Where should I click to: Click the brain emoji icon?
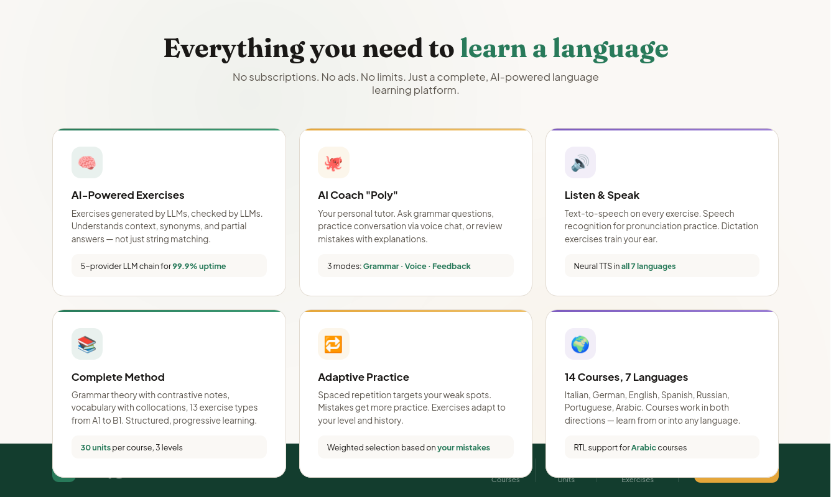(x=87, y=163)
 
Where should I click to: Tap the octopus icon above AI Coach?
(x=333, y=163)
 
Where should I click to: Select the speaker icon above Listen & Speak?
(x=580, y=163)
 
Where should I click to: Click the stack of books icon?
(x=87, y=344)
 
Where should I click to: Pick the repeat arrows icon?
(x=333, y=344)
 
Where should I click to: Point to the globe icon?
(x=580, y=344)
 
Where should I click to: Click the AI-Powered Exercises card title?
(x=128, y=195)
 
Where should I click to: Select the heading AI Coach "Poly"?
(x=358, y=195)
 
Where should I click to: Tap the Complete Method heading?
(x=118, y=377)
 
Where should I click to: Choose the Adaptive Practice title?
(x=363, y=377)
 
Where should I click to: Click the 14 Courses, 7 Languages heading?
(x=626, y=377)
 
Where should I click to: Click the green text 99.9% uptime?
(x=199, y=266)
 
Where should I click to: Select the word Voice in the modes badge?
(x=415, y=266)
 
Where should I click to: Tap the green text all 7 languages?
(x=648, y=266)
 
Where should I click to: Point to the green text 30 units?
(x=95, y=447)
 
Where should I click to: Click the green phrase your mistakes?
(x=463, y=447)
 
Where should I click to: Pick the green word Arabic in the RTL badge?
(x=643, y=447)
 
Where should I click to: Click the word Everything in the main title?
(x=234, y=48)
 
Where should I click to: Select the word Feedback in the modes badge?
(x=451, y=266)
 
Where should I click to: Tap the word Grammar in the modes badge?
(x=381, y=266)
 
